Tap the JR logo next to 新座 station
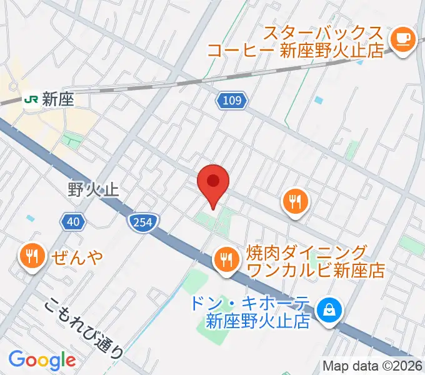click(x=31, y=99)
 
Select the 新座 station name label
click(x=57, y=99)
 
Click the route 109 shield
click(x=233, y=99)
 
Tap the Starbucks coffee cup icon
click(x=402, y=39)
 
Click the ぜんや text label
click(x=74, y=256)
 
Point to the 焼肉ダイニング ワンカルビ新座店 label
click(x=315, y=261)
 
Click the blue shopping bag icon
click(x=326, y=308)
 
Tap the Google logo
click(x=42, y=359)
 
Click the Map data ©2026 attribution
click(x=372, y=366)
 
